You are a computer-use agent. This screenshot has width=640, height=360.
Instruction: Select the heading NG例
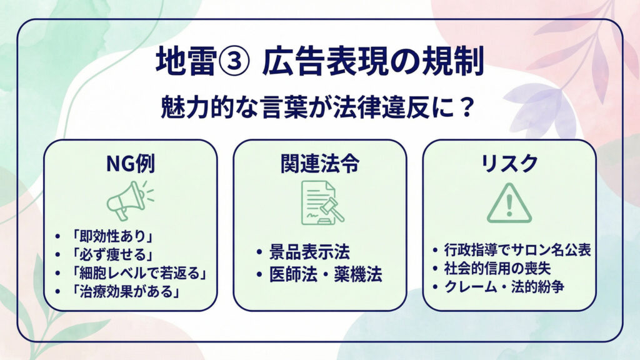tap(130, 164)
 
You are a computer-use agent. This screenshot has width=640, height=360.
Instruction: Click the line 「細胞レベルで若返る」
tap(138, 273)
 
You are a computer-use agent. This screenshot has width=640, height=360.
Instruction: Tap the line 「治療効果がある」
tap(125, 291)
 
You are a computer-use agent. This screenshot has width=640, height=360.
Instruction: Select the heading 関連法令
tap(319, 164)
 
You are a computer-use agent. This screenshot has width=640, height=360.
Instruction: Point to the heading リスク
tap(509, 164)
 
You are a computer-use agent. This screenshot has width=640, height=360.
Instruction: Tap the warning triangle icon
tap(509, 203)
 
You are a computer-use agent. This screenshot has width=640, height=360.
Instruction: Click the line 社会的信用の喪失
tap(502, 269)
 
